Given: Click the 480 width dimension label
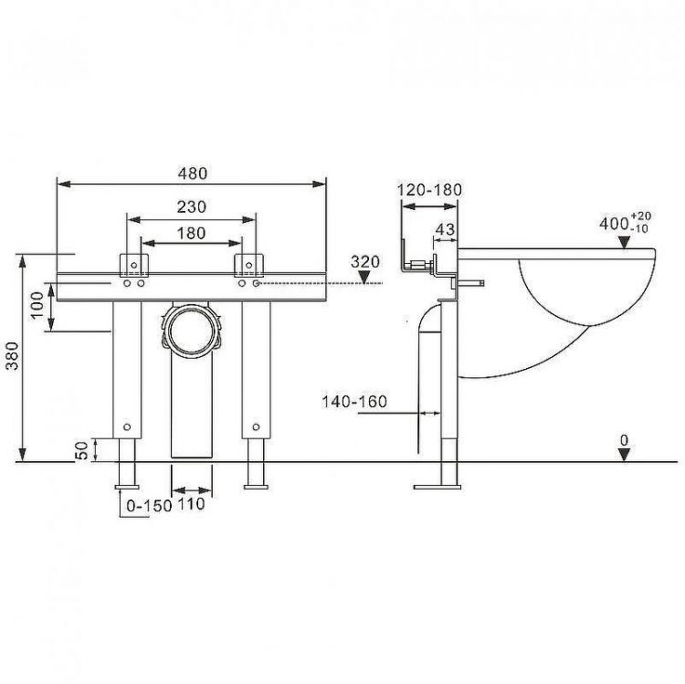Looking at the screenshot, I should (x=192, y=173).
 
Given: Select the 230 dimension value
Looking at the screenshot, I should (x=191, y=207).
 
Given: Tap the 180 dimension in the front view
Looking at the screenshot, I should (x=191, y=233).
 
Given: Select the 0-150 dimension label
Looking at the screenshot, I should (x=148, y=503).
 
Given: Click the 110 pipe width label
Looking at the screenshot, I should (x=191, y=503).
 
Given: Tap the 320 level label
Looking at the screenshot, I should (x=365, y=261).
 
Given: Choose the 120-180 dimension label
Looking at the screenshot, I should (x=430, y=190).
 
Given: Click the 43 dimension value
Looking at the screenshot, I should (x=445, y=230).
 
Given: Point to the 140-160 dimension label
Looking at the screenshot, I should (x=354, y=401).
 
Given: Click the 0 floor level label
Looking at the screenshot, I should (x=624, y=440).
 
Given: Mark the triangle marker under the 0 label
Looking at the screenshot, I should (x=624, y=456).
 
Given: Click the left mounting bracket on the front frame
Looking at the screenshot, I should (x=135, y=264).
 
